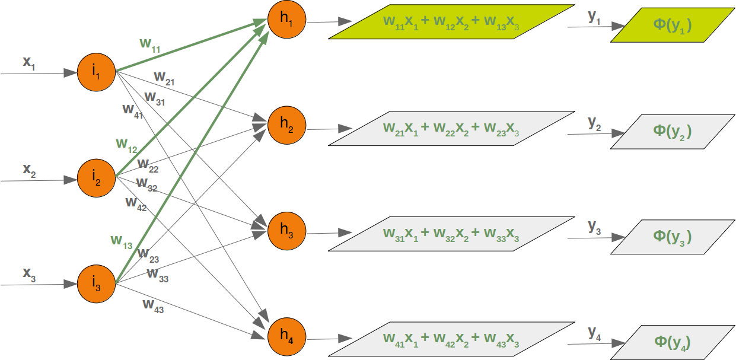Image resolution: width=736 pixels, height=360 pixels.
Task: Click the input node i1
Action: tap(95, 74)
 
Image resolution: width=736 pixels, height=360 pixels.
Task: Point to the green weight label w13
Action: tap(122, 241)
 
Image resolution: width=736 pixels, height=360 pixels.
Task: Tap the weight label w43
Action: tap(153, 305)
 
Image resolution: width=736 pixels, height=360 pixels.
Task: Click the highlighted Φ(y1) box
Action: tap(672, 26)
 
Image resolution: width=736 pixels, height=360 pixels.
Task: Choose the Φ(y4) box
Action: tap(672, 342)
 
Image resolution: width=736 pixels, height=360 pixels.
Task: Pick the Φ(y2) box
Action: tap(672, 131)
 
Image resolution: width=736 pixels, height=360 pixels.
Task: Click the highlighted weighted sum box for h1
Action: tap(451, 22)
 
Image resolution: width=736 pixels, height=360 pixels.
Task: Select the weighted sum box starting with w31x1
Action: tap(451, 234)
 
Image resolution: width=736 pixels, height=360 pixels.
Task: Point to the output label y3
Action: tap(594, 227)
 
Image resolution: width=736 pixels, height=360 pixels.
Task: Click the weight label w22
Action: tap(148, 164)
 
